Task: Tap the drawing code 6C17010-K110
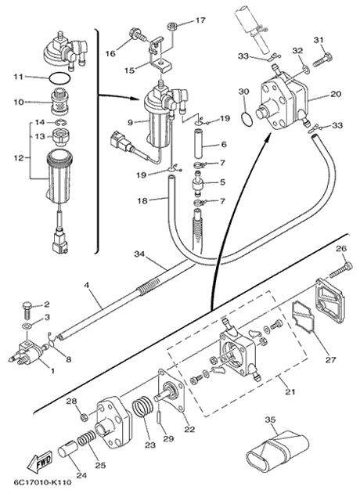(x=42, y=482)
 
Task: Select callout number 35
(x=270, y=420)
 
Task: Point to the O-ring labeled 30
(x=247, y=119)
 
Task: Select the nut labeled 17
(x=172, y=27)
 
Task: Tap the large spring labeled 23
(x=143, y=405)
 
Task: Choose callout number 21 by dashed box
(x=290, y=391)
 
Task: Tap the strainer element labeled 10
(x=59, y=103)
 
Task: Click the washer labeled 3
(x=27, y=327)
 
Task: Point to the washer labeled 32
(x=306, y=69)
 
